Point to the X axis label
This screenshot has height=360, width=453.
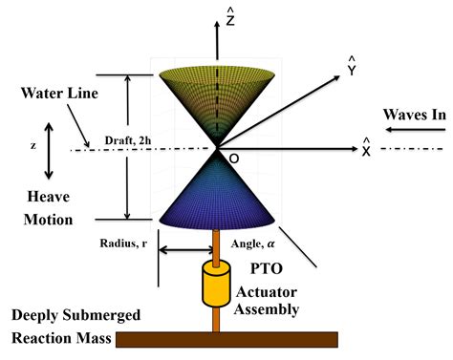[x=365, y=149]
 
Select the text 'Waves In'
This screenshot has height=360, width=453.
[x=416, y=114]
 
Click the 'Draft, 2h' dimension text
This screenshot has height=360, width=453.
[x=129, y=139]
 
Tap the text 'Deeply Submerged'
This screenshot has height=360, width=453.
[x=63, y=315]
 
